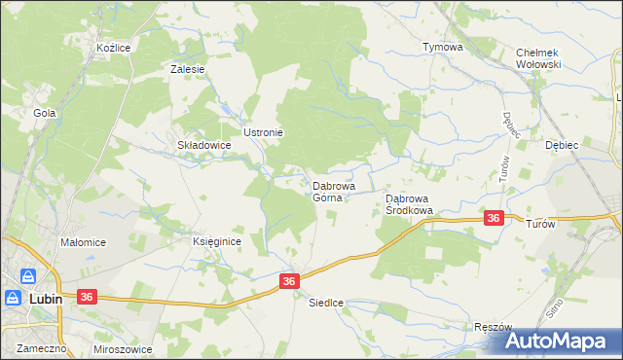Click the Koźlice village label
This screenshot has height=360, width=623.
click(x=113, y=47)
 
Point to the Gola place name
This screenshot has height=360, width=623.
click(x=44, y=113)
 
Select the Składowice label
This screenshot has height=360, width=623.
click(x=203, y=145)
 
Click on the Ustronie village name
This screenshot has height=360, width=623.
click(x=263, y=132)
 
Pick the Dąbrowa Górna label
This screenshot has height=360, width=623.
click(x=333, y=191)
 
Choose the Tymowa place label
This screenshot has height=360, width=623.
click(x=441, y=46)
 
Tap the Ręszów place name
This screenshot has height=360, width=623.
click(x=492, y=327)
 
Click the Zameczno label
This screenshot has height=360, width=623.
click(x=32, y=347)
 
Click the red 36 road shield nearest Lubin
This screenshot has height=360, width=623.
click(x=87, y=296)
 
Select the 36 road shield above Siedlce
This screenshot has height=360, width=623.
click(x=289, y=281)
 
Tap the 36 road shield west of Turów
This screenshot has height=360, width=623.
click(x=494, y=219)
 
